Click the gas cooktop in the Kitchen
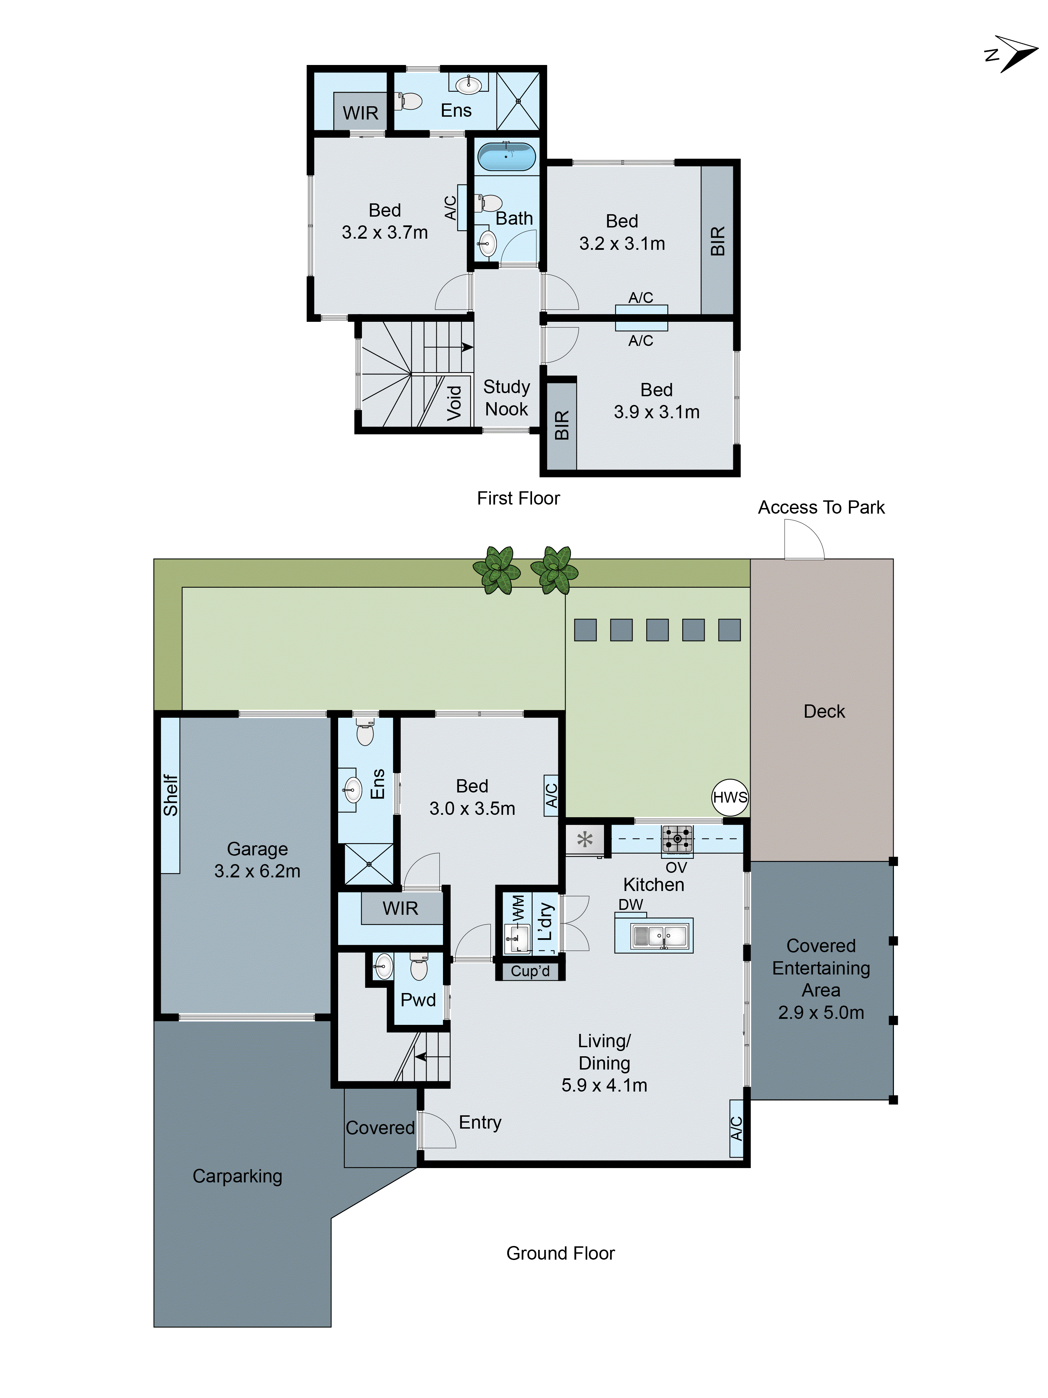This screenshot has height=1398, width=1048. pos(677,839)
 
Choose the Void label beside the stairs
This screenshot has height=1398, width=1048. pos(454,403)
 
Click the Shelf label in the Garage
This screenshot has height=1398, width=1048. pos(170,795)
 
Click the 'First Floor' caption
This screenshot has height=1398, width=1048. pos(518,498)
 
